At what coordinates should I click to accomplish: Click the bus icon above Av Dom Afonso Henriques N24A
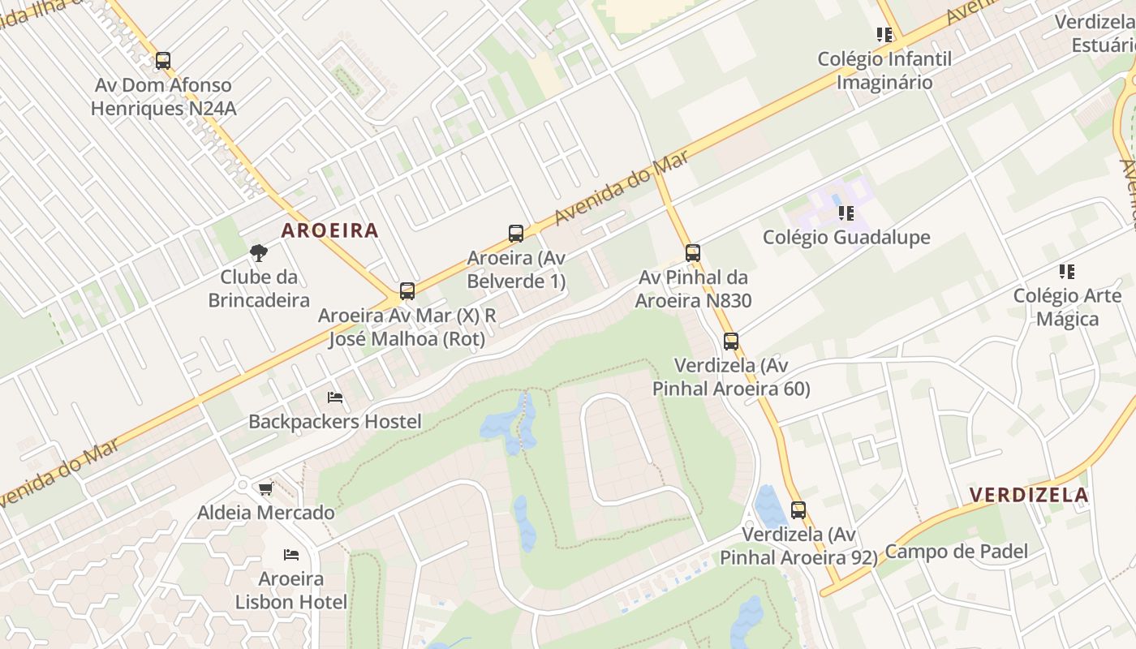point(163,61)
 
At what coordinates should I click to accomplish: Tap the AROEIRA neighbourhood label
point(330,230)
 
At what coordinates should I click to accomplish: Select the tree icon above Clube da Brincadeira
point(259,253)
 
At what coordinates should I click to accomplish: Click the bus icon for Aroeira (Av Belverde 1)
point(516,234)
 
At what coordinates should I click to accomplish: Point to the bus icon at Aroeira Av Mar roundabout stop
point(407,291)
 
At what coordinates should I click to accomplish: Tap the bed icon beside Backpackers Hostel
point(335,398)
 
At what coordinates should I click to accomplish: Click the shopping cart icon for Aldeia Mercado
point(265,488)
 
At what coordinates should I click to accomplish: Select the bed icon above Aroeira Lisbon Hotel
point(291,555)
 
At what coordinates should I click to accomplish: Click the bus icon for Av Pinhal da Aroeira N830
point(692,253)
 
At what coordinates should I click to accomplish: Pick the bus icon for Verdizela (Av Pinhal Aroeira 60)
point(731,342)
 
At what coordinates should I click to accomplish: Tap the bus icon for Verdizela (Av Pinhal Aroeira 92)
point(798,510)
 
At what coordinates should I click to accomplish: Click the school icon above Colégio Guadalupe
point(846,213)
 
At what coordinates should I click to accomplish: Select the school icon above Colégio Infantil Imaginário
point(884,35)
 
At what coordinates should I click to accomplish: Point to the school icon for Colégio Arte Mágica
point(1067,272)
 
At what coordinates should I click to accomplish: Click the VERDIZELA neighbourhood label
point(1029,495)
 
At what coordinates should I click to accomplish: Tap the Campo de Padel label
point(956,552)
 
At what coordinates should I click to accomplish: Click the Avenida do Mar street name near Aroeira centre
point(622,189)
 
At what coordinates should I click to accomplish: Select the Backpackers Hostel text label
point(335,422)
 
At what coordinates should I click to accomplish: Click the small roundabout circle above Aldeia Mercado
point(242,485)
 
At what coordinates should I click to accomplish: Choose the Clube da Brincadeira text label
point(259,288)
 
